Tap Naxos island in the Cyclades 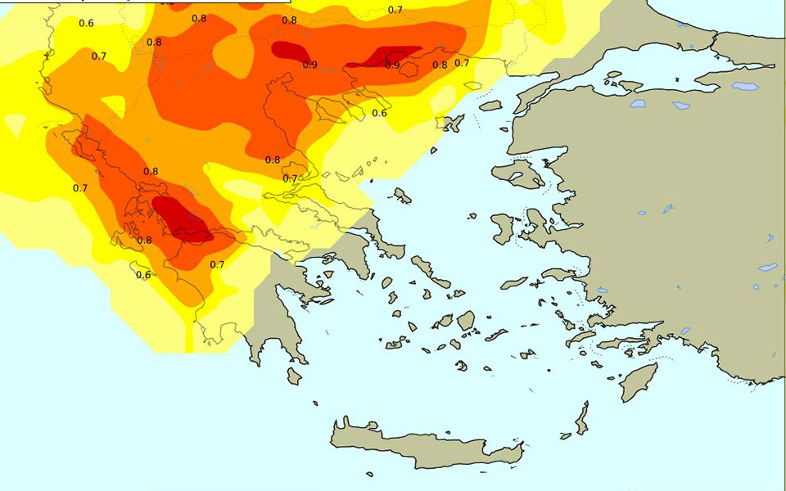466,320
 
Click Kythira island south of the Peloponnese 293,375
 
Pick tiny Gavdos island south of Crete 369,474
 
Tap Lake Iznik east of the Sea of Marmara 744,86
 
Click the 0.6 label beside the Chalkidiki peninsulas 379,113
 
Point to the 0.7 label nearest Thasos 462,63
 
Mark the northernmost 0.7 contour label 395,10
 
